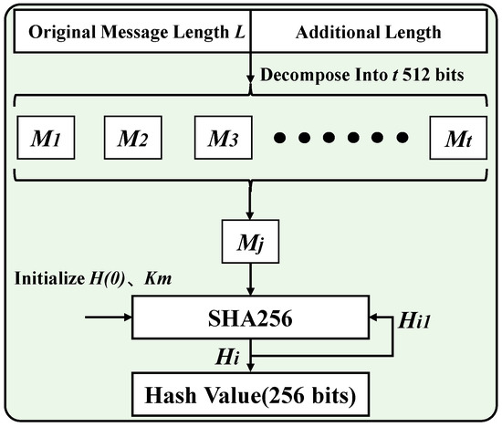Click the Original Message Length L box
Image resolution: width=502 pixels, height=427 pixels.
pyautogui.click(x=133, y=32)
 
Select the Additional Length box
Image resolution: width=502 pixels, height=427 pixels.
pyautogui.click(x=369, y=32)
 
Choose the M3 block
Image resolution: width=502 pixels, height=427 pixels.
pyautogui.click(x=224, y=141)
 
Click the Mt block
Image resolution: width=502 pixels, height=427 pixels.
pyautogui.click(x=457, y=141)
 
